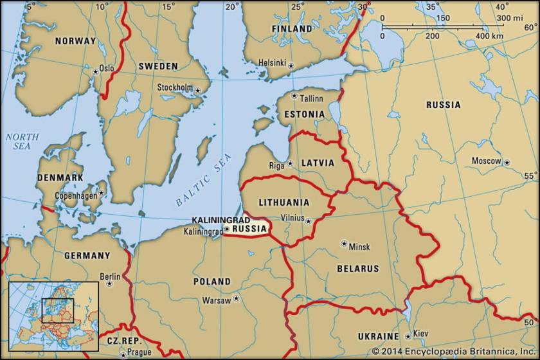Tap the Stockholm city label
coord(175,87)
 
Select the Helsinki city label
coord(272,62)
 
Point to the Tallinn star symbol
coord(294,96)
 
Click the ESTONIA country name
coord(305,114)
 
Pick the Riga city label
coord(276,165)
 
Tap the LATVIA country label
coord(318,163)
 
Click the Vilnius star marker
coord(308,221)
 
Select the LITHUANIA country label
coord(283,202)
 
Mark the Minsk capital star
coord(343,244)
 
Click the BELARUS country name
coord(358,269)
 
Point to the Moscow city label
coord(486,161)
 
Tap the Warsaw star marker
coord(237,298)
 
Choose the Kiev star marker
coord(408,336)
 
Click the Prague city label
coord(139,352)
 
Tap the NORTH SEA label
coord(22,141)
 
